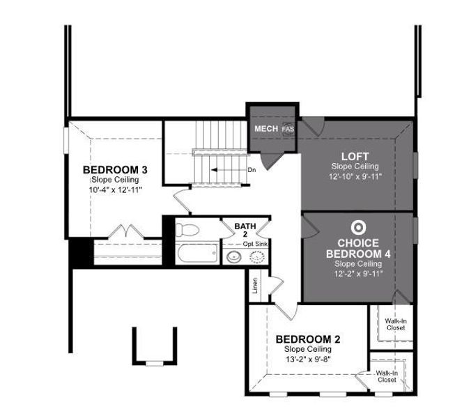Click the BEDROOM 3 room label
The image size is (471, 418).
[114, 170]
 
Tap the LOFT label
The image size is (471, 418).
[355, 155]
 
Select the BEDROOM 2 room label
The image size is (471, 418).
[308, 339]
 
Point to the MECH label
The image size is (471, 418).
[266, 130]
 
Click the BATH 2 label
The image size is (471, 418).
[245, 231]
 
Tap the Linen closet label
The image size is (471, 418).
[256, 288]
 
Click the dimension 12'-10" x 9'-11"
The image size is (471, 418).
[355, 177]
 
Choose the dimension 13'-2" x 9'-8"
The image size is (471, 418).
[307, 359]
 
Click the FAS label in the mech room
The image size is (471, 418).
[288, 130]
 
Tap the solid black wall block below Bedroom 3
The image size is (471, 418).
[80, 251]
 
